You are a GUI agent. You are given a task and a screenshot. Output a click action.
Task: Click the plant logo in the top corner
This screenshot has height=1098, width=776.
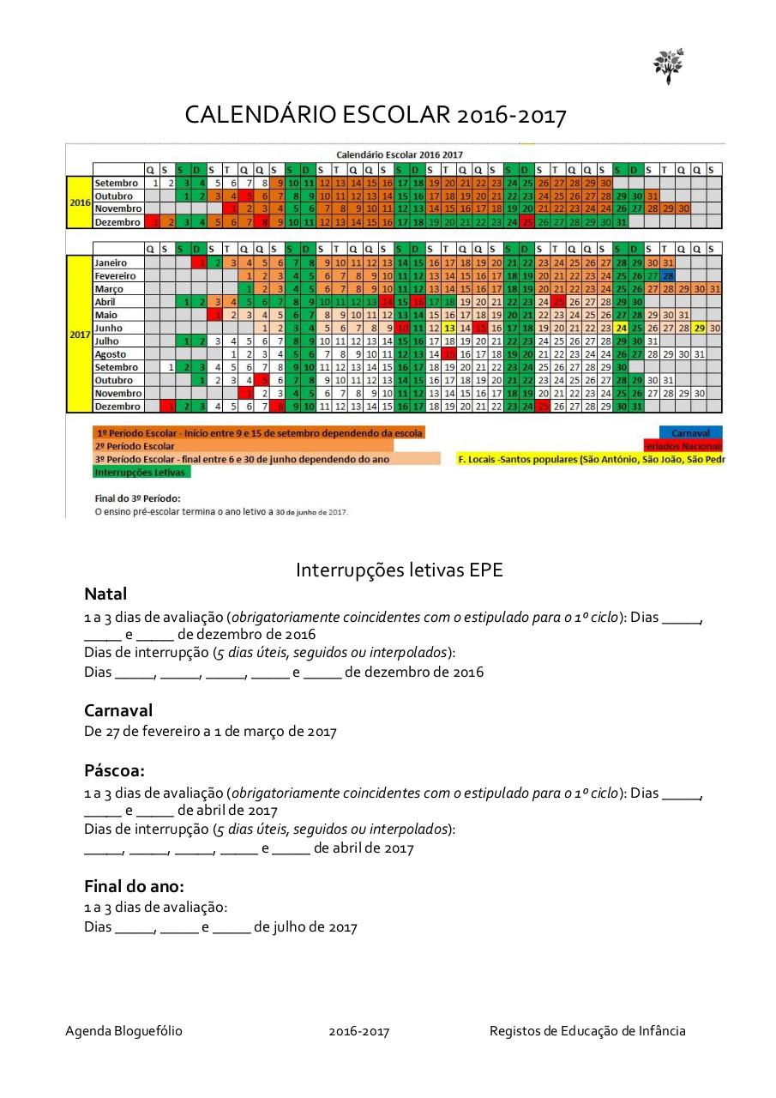[x=668, y=65]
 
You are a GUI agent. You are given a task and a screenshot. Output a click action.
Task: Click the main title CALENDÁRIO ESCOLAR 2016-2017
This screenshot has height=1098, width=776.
[x=376, y=115]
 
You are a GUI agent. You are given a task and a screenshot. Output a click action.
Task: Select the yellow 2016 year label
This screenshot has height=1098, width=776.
[x=79, y=202]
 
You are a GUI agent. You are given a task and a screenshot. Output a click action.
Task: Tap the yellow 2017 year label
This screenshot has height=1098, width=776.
[x=79, y=334]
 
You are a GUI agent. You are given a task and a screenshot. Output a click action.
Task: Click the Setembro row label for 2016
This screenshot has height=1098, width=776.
[x=117, y=183]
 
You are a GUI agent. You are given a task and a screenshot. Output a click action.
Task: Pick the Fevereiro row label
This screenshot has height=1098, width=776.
[x=116, y=276]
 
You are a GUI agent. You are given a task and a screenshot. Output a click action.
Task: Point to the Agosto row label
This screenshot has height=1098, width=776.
[x=111, y=354]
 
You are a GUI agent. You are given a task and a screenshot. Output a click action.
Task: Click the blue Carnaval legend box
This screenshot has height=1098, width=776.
[x=690, y=433]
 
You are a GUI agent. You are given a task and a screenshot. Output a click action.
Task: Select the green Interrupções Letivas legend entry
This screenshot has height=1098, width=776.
[x=141, y=472]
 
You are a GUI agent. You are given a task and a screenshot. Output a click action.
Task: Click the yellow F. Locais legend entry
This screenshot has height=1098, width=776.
[x=591, y=459]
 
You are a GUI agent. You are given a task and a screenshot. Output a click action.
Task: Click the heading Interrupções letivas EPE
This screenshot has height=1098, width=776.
[x=400, y=570]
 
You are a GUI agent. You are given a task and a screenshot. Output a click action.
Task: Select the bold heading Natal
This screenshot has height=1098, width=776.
[x=105, y=594]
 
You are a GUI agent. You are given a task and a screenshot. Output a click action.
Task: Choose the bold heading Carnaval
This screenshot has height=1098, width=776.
[x=118, y=710]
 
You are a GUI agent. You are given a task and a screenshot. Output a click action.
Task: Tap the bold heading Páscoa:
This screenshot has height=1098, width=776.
[x=114, y=769]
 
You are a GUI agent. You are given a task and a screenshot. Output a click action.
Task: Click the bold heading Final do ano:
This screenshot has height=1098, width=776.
[x=134, y=886]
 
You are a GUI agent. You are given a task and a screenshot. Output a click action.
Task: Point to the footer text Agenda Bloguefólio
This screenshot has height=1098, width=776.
[x=123, y=1031]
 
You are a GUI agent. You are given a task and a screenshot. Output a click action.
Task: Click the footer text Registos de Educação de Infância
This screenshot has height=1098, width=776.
[x=587, y=1031]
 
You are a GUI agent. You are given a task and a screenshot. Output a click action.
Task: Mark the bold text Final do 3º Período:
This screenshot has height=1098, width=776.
[x=136, y=498]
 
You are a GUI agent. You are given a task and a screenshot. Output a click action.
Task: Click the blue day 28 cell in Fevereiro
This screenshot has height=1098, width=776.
[x=668, y=276]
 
